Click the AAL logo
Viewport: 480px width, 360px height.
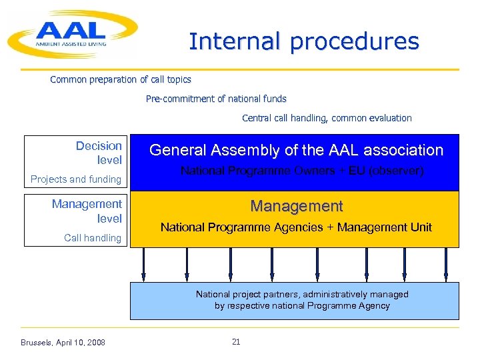click(72, 33)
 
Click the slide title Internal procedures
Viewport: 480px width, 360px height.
click(304, 41)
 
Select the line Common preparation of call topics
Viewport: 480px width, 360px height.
click(121, 79)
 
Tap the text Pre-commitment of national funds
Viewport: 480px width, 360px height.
click(216, 99)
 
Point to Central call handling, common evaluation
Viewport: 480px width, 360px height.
click(327, 118)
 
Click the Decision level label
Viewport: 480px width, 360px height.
click(99, 153)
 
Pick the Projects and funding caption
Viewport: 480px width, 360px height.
click(76, 179)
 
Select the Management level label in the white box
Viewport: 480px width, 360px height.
click(87, 211)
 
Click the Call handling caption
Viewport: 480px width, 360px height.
click(93, 237)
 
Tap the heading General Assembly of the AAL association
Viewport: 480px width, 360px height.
click(296, 150)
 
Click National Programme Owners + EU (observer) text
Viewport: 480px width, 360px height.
click(302, 171)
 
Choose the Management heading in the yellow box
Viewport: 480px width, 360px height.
click(296, 207)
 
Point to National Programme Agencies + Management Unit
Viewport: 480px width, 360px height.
click(296, 227)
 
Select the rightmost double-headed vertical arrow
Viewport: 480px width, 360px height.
click(446, 265)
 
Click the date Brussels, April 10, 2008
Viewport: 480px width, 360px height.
click(63, 343)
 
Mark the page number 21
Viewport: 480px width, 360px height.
click(236, 342)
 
